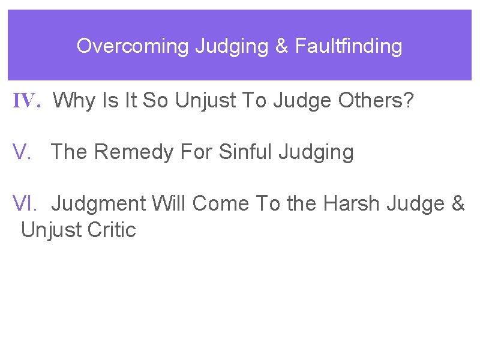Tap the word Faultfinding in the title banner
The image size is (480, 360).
pyautogui.click(x=348, y=46)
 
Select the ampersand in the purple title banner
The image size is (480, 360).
pyautogui.click(x=282, y=46)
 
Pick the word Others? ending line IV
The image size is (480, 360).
pyautogui.click(x=376, y=101)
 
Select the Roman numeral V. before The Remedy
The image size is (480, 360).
pyautogui.click(x=22, y=152)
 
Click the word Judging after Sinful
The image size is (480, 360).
pyautogui.click(x=316, y=152)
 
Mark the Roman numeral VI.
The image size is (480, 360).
pyautogui.click(x=25, y=204)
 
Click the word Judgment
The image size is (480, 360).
pyautogui.click(x=99, y=204)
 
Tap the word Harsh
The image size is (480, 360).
pyautogui.click(x=350, y=204)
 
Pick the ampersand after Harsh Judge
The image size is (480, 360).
pyautogui.click(x=457, y=204)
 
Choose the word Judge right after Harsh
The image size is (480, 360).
pyautogui.click(x=415, y=204)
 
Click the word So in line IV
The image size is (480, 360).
pyautogui.click(x=156, y=101)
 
